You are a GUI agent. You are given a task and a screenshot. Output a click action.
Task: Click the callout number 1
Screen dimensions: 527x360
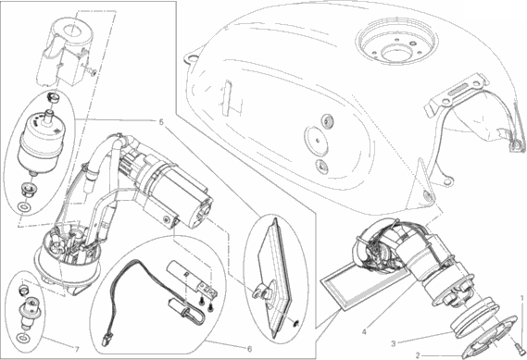coord(522,298)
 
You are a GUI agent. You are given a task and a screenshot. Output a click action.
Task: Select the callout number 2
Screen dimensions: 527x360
coord(418,355)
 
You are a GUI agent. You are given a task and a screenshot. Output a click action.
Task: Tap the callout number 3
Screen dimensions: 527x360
coord(394,344)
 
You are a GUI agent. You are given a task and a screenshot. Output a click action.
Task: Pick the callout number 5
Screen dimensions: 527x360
coord(161,122)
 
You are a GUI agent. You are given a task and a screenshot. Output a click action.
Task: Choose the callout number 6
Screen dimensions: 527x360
coord(249,349)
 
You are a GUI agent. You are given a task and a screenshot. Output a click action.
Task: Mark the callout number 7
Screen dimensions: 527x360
coord(77,350)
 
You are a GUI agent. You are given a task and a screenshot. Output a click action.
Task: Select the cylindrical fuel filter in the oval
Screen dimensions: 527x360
coord(40,142)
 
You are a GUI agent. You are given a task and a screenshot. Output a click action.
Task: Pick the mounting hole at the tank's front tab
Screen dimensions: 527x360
coord(192,58)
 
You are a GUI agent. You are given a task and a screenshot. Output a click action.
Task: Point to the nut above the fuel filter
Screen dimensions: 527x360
coord(53,98)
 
